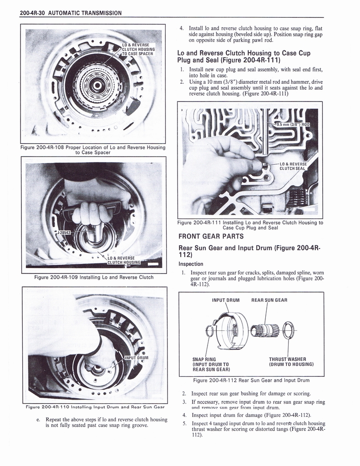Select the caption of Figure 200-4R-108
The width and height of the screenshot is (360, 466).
pyautogui.click(x=93, y=150)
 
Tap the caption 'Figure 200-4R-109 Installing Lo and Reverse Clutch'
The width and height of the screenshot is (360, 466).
pyautogui.click(x=94, y=277)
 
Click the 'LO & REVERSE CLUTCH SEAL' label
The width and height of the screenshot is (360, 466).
pyautogui.click(x=293, y=166)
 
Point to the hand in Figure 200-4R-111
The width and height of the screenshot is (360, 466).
pyautogui.click(x=218, y=168)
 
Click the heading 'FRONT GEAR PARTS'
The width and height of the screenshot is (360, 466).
pyautogui.click(x=211, y=236)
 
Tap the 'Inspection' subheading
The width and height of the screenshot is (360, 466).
pyautogui.click(x=191, y=264)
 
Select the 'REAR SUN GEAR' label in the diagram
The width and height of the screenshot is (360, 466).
pyautogui.click(x=269, y=300)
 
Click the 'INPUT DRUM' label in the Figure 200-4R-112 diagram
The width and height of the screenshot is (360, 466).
pyautogui.click(x=225, y=300)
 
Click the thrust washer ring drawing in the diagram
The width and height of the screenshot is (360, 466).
pyautogui.click(x=289, y=330)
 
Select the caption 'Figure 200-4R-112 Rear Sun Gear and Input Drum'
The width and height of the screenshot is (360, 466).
pyautogui.click(x=251, y=380)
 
